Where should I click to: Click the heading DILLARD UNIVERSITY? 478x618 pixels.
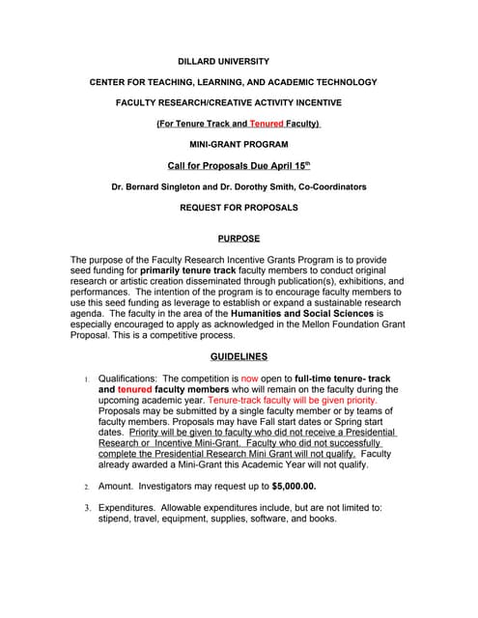(238, 61)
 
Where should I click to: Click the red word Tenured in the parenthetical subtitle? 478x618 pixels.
(266, 124)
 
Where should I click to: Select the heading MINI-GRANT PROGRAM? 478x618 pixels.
(239, 144)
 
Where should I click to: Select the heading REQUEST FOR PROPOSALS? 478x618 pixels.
(239, 207)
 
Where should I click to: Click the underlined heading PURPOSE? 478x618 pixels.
(239, 238)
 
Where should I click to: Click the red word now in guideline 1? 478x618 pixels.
(250, 379)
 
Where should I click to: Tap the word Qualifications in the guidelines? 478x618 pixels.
(128, 379)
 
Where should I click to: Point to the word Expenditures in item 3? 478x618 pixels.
(127, 507)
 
